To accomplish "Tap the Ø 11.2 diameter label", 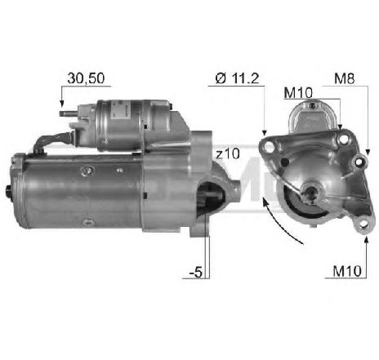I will point(238,78).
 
